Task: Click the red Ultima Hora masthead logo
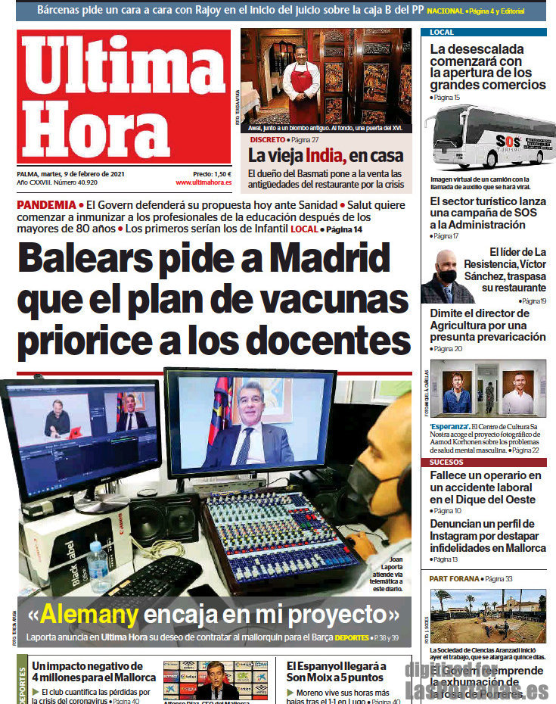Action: pyautogui.click(x=124, y=96)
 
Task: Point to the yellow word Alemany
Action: pyautogui.click(x=89, y=613)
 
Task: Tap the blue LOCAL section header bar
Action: pyautogui.click(x=483, y=33)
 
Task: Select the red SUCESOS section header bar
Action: pyautogui.click(x=483, y=462)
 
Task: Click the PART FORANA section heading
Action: pyautogui.click(x=455, y=578)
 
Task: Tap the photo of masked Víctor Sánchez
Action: pyautogui.click(x=446, y=276)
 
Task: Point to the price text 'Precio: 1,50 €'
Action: pyautogui.click(x=212, y=173)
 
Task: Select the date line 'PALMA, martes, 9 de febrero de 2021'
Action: pyautogui.click(x=70, y=173)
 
